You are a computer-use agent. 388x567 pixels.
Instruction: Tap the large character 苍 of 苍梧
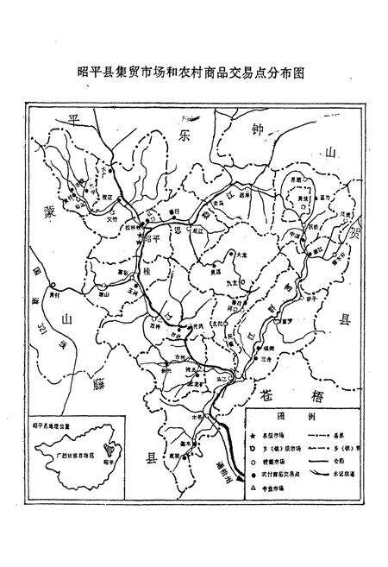pos(269,390)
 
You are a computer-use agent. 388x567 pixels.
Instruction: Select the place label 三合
pos(266,360)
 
